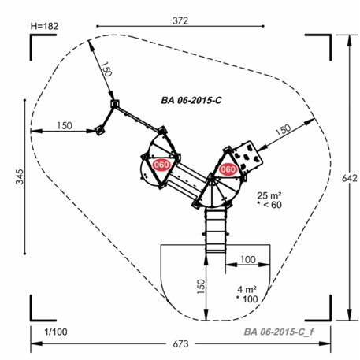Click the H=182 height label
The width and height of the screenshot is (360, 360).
(44, 26)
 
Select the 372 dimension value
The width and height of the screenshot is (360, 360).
(180, 20)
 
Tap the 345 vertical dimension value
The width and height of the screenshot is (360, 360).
(20, 176)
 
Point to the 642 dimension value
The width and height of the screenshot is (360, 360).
(350, 178)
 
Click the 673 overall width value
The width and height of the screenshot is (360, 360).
(180, 343)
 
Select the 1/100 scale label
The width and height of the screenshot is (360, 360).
(56, 332)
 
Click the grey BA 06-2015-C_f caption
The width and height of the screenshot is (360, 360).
(279, 332)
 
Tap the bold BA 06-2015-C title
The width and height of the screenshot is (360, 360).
(191, 100)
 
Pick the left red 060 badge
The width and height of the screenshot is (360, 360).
(161, 165)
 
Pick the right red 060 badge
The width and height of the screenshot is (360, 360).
(228, 169)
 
